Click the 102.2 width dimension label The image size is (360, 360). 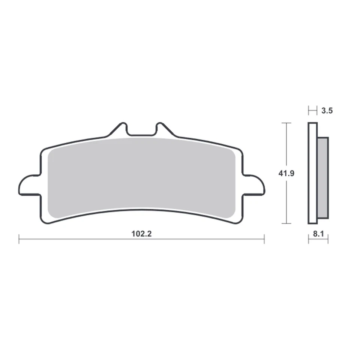tap(141, 234)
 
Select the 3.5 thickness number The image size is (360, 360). tap(327, 111)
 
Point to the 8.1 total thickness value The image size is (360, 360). tap(318, 234)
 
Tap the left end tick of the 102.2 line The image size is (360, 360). tap(19, 239)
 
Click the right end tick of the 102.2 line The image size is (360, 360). tap(264, 239)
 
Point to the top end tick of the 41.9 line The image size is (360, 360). tap(286, 123)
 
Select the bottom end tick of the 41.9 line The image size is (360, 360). tap(286, 223)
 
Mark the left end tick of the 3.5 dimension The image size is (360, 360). tap(309, 111)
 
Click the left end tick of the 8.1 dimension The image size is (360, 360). tap(309, 239)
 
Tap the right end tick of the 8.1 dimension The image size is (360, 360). tap(328, 239)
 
